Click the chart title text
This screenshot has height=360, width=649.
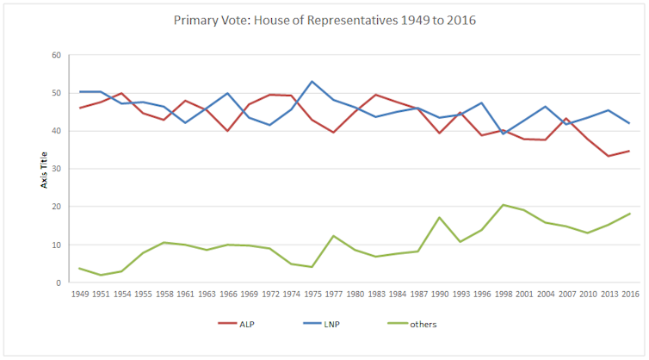[324, 19]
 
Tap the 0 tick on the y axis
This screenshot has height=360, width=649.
[56, 282]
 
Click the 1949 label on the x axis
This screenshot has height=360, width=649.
[79, 294]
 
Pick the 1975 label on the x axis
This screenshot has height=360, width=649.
[312, 294]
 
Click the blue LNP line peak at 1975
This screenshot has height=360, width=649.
[312, 82]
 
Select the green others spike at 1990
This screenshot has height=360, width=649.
[440, 218]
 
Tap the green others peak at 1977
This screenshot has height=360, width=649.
[332, 236]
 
